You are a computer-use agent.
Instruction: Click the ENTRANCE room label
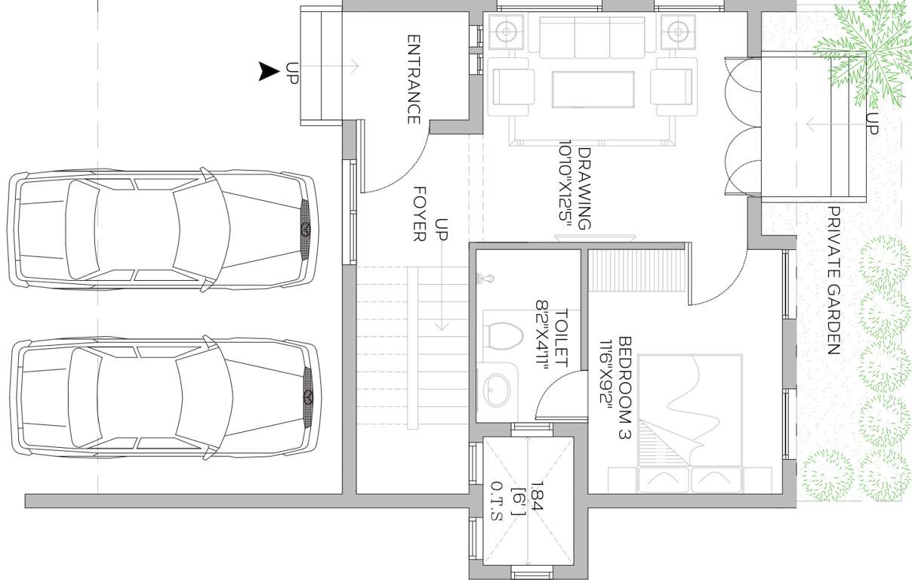pos(414,79)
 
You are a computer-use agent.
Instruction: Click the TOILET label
pos(561,338)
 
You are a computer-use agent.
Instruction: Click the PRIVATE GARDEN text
pos(833,280)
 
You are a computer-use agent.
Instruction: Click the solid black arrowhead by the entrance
pos(269,72)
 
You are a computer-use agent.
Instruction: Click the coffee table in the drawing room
pos(593,90)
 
